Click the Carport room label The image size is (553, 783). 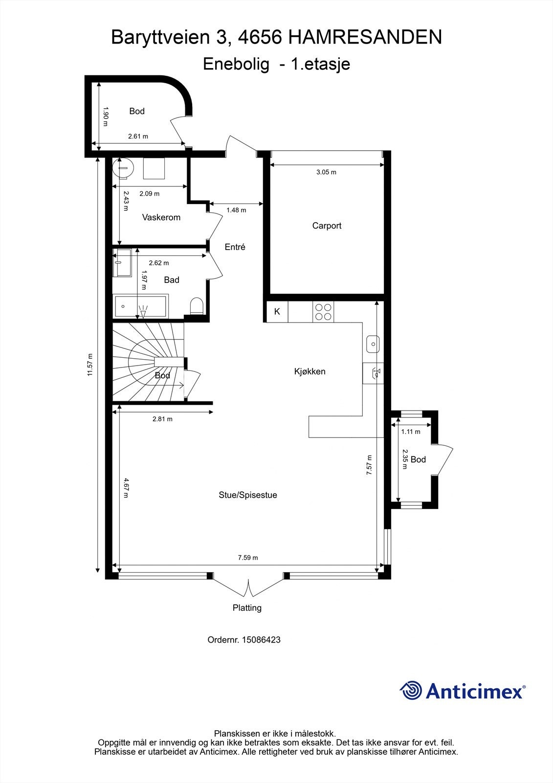327,226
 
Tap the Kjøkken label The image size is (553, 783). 310,371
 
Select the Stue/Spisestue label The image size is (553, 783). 248,495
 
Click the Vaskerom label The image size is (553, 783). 161,217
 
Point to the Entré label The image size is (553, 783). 235,247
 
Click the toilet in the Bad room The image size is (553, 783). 197,306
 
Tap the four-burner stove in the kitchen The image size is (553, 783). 323,312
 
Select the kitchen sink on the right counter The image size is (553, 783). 373,344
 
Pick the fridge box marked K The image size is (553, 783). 277,311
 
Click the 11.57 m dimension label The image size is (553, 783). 90,365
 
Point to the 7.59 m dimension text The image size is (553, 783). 248,557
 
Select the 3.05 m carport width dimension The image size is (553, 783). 326,172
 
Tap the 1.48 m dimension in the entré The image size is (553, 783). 236,210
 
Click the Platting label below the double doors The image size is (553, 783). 247,608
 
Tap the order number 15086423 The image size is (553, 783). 261,640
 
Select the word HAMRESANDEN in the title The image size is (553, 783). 365,37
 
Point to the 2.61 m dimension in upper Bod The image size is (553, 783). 138,137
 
